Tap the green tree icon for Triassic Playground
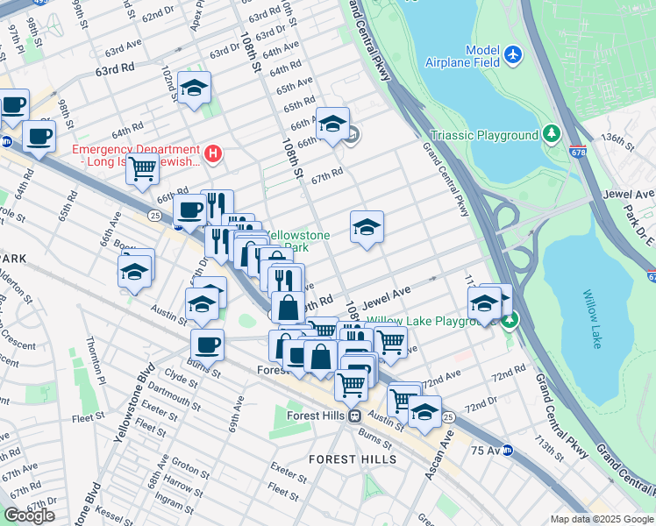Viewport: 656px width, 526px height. click(552, 134)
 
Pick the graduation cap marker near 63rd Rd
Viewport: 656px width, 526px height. click(194, 88)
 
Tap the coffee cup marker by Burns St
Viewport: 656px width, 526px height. click(207, 344)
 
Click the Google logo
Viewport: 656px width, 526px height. click(29, 515)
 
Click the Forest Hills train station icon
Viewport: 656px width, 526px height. click(354, 416)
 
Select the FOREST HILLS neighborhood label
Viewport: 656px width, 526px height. click(352, 458)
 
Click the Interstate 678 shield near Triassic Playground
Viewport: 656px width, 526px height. click(577, 151)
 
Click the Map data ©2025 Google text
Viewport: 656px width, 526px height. click(601, 519)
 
